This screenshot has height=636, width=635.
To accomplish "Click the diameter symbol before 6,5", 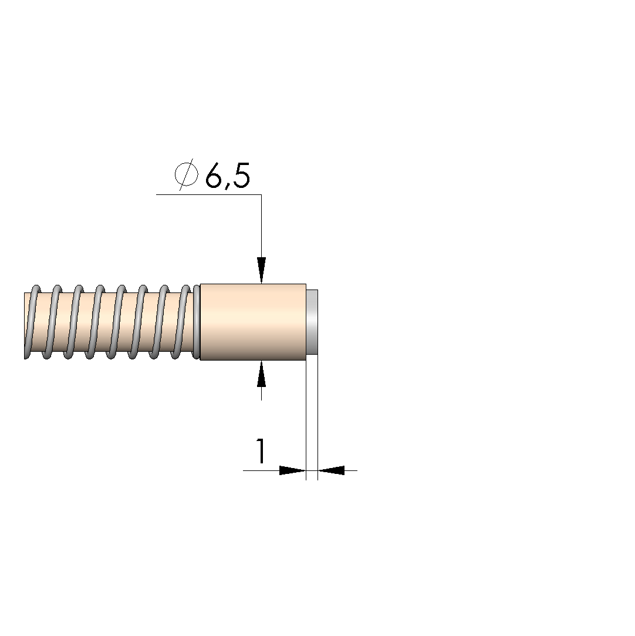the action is [x=187, y=174].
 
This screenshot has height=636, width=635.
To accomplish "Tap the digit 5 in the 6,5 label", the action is [x=241, y=176].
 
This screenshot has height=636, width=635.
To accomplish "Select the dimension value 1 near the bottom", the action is [x=261, y=450].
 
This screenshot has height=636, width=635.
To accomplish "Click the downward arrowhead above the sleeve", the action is [x=261, y=270].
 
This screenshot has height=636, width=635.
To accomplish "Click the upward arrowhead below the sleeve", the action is [x=261, y=373].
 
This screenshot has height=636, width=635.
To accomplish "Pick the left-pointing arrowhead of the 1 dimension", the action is [x=330, y=470].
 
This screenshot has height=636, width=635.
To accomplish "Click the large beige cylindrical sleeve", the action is [x=254, y=322].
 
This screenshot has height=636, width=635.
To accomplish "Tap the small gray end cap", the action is [x=312, y=322].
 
